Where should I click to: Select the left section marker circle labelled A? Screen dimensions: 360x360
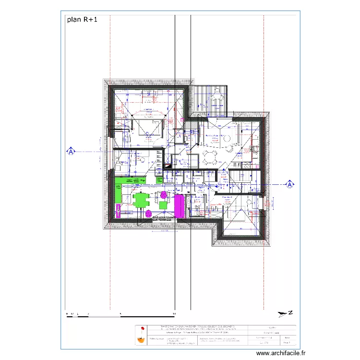click(71, 152)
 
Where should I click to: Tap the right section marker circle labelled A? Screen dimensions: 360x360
click(290, 183)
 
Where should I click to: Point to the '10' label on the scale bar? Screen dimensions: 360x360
click(174, 313)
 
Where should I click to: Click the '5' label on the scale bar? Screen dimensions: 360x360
click(120, 313)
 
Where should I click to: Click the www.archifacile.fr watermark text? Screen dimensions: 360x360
click(280, 352)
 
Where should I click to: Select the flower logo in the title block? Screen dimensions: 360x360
click(141, 335)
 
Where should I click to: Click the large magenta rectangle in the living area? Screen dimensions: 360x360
click(179, 206)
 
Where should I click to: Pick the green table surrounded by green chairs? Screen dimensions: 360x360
click(141, 200)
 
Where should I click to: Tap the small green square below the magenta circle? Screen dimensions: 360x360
click(163, 205)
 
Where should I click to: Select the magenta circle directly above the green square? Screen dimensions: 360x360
click(163, 194)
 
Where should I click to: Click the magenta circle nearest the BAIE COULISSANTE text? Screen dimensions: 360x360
click(149, 213)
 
